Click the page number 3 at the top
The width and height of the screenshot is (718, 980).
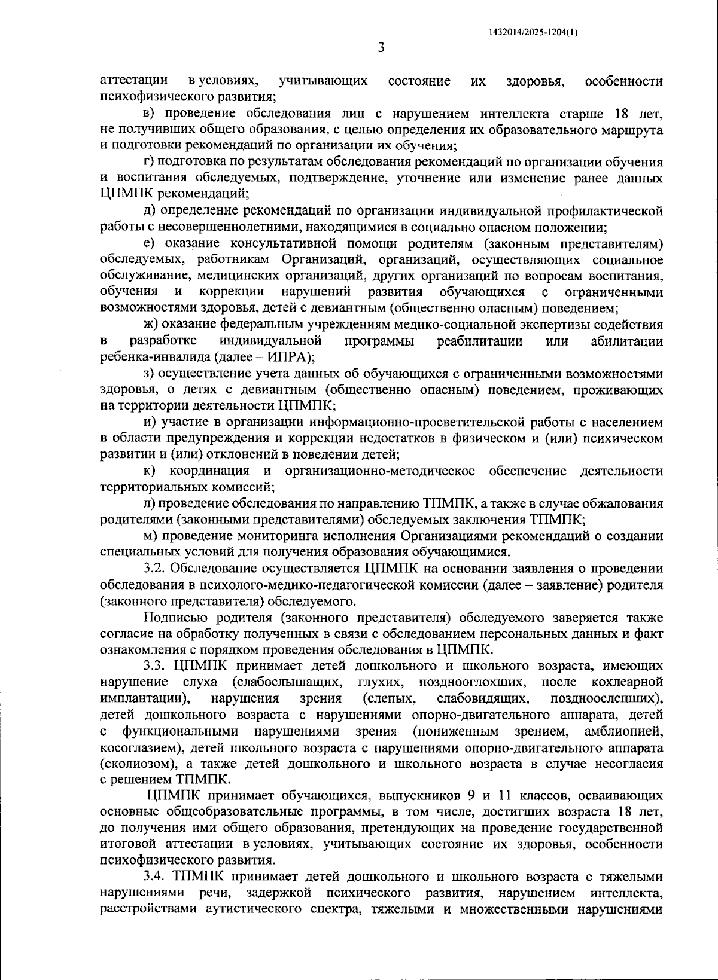point(381,48)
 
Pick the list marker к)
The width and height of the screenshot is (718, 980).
point(149,471)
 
